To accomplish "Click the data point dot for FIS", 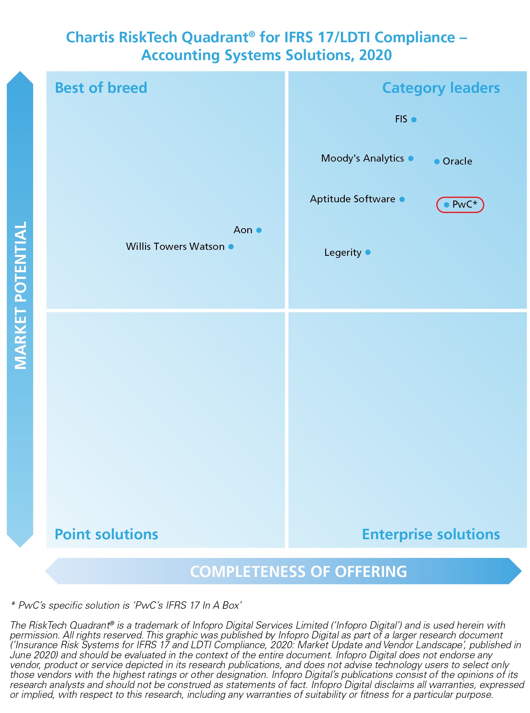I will tap(414, 120).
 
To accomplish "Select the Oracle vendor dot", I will tap(437, 162).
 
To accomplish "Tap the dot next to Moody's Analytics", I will tap(411, 158).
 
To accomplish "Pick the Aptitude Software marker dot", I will tap(402, 199).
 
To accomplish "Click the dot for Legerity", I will tap(368, 252).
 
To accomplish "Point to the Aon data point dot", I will tap(259, 230).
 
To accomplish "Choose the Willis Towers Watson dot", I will tap(231, 247).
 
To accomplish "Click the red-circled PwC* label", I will tap(464, 204).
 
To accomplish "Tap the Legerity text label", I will tap(343, 253).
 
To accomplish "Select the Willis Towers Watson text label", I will tap(175, 247).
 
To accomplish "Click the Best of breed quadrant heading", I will tap(101, 88).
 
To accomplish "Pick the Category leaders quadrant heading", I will tap(441, 88).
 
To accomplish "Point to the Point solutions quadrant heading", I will tap(106, 534).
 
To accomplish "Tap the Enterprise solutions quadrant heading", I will tap(430, 534).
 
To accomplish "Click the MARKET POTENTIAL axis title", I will tap(21, 295).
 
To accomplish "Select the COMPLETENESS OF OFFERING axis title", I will tap(298, 572).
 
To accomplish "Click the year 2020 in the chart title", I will tap(375, 55).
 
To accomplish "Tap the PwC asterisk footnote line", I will tap(127, 605).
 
